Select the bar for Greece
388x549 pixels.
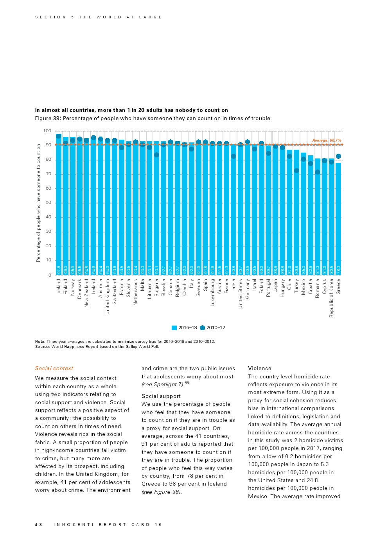(x=338, y=219)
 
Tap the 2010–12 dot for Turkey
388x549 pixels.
(x=296, y=171)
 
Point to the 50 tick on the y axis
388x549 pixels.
(x=48, y=203)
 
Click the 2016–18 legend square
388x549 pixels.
(x=174, y=328)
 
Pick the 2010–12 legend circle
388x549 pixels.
(x=202, y=328)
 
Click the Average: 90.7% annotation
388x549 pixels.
(x=327, y=140)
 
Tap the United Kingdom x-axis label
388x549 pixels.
(x=108, y=296)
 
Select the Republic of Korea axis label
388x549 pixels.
(x=331, y=298)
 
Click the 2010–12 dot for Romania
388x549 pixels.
(x=318, y=172)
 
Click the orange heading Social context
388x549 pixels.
(x=54, y=368)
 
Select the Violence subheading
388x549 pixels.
(x=259, y=368)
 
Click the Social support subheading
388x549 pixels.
(x=161, y=396)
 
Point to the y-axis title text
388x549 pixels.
(x=38, y=203)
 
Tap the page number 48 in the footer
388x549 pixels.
(x=38, y=524)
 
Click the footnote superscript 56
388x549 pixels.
(x=187, y=383)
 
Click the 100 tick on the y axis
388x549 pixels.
(x=47, y=131)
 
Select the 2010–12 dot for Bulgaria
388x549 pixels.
(x=156, y=155)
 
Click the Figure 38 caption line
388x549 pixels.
(x=153, y=118)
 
